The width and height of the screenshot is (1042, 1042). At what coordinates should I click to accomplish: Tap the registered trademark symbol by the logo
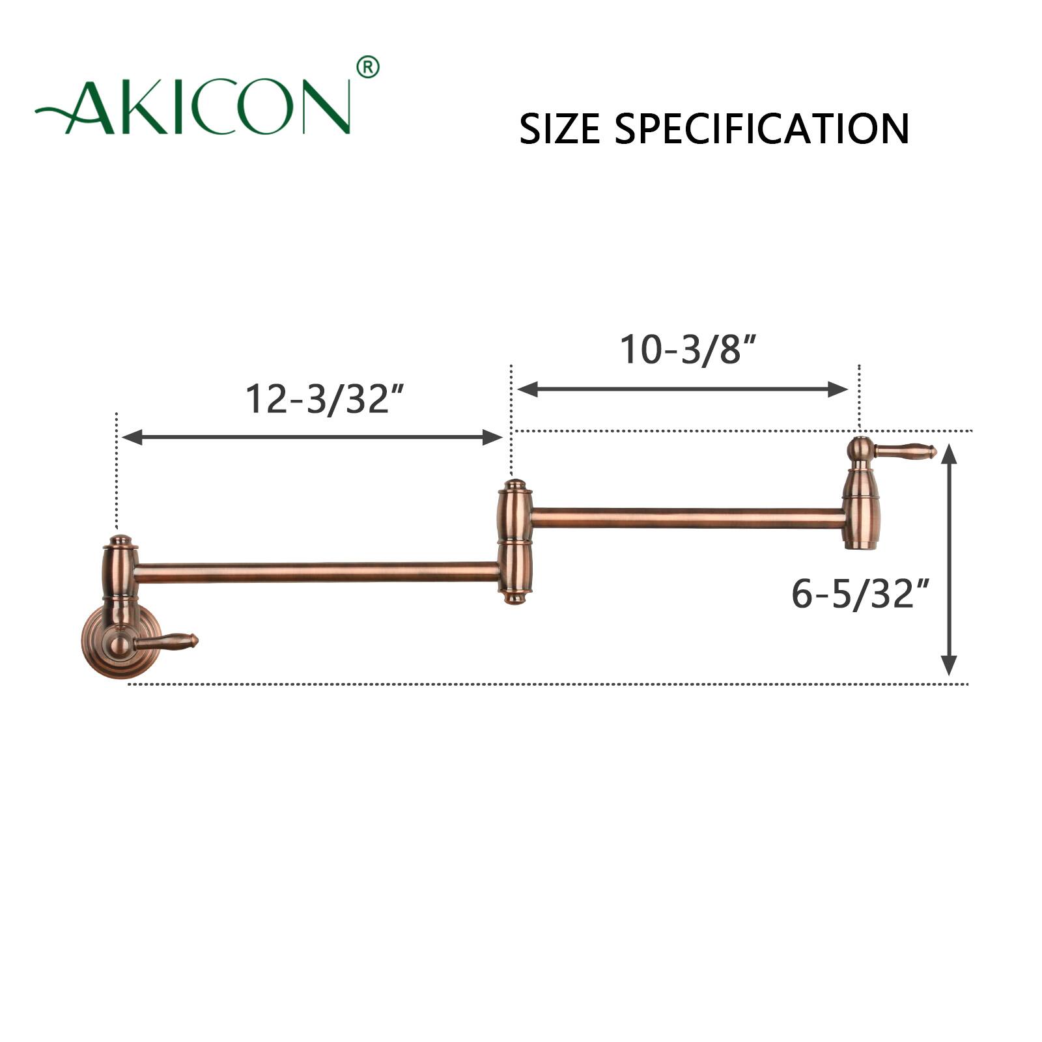click(368, 67)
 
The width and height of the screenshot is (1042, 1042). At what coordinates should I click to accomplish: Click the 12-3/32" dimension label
click(325, 399)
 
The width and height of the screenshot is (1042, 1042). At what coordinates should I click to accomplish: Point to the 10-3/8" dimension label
click(688, 350)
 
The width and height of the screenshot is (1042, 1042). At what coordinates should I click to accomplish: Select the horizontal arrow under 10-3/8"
click(682, 389)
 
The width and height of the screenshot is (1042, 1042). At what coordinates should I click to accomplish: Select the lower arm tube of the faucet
click(316, 572)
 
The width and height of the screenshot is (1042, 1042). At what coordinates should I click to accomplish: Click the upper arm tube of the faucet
click(687, 518)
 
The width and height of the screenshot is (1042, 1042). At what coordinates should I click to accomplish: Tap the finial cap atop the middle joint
click(515, 485)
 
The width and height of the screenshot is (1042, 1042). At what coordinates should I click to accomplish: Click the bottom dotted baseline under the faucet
click(547, 684)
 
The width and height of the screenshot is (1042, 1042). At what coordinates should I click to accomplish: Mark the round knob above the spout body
click(860, 449)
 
